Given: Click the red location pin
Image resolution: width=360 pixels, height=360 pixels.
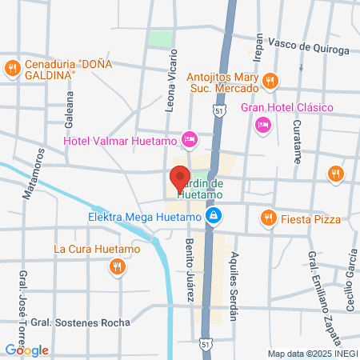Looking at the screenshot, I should pyautogui.click(x=178, y=178).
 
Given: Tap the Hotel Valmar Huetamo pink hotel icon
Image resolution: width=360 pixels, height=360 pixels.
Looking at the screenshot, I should pyautogui.click(x=189, y=140).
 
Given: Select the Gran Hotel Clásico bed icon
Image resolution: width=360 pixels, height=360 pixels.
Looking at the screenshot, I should pyautogui.click(x=262, y=124).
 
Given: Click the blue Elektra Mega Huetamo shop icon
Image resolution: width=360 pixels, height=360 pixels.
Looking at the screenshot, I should pyautogui.click(x=214, y=216).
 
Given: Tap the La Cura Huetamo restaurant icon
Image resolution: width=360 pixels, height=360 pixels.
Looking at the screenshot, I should pyautogui.click(x=118, y=266).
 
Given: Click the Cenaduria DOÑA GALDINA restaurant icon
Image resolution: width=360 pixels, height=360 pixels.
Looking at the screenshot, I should pyautogui.click(x=12, y=70).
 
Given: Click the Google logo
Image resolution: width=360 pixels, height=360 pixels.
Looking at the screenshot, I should pyautogui.click(x=27, y=350).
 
